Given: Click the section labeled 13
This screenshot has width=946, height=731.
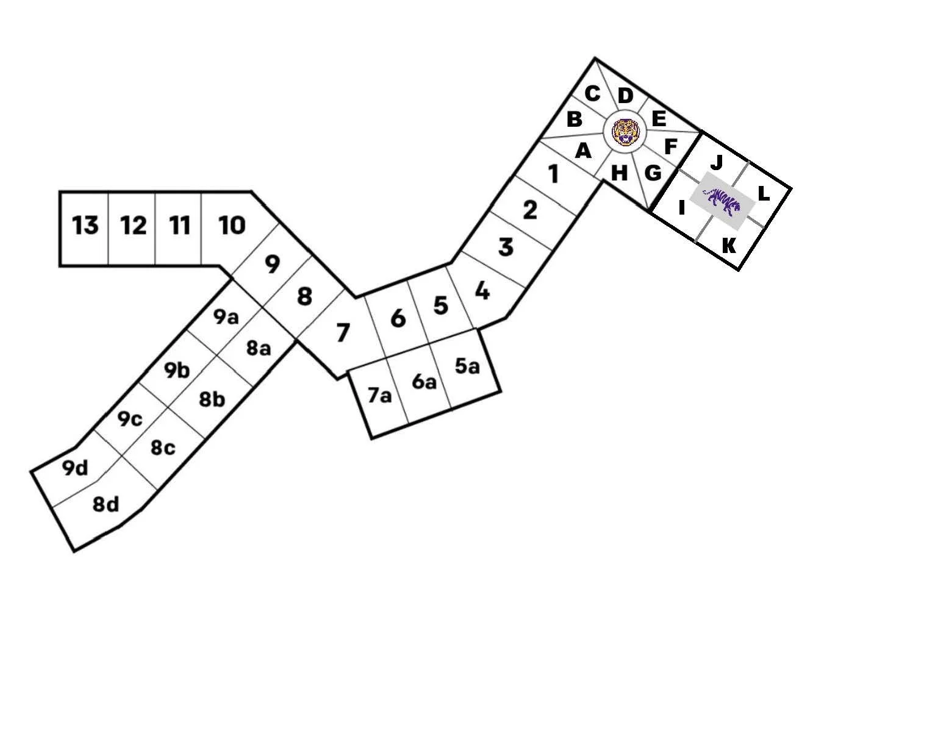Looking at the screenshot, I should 85,226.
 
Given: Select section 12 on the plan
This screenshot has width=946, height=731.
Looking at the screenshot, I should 133,226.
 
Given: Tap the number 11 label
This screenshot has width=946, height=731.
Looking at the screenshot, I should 179,226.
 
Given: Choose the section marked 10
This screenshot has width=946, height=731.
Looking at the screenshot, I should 232,226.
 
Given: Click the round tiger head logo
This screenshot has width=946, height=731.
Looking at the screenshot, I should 624,131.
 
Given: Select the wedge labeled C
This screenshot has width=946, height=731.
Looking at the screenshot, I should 592,94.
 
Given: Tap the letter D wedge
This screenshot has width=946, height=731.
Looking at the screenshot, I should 625,96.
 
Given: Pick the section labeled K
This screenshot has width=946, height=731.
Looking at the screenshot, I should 728,246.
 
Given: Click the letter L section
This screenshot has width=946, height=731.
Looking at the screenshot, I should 763,194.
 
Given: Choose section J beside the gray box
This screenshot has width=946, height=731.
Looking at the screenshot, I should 717,163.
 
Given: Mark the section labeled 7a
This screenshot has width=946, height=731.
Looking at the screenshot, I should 379,396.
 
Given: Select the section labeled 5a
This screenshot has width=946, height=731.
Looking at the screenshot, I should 467,366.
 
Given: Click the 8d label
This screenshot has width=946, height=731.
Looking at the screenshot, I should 106,505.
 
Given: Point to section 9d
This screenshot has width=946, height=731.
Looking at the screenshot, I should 76,468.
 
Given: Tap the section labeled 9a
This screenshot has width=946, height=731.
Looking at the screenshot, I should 226,317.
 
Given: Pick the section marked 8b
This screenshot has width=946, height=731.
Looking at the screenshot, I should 212,399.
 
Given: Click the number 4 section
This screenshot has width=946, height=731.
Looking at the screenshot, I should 482,291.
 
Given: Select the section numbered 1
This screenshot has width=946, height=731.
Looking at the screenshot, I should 553,174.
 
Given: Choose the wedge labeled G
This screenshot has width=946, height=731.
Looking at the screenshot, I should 653,173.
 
